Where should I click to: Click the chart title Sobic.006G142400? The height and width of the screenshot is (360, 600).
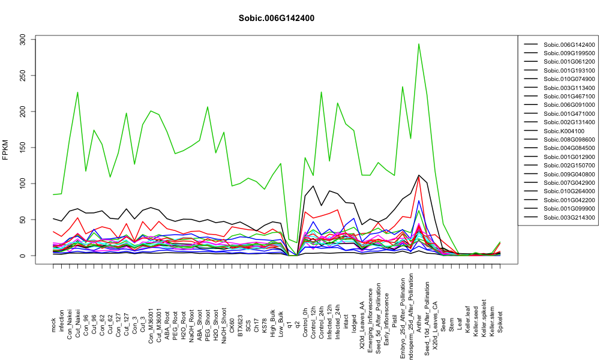click(276, 18)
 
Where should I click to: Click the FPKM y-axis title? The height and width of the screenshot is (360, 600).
click(5, 151)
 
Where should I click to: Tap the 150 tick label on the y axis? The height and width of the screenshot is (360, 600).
click(23, 148)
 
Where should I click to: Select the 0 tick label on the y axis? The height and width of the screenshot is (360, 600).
click(23, 256)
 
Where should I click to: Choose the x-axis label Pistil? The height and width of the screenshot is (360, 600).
click(395, 314)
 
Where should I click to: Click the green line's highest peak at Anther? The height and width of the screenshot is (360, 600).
click(419, 44)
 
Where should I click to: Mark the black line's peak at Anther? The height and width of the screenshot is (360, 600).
click(419, 175)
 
